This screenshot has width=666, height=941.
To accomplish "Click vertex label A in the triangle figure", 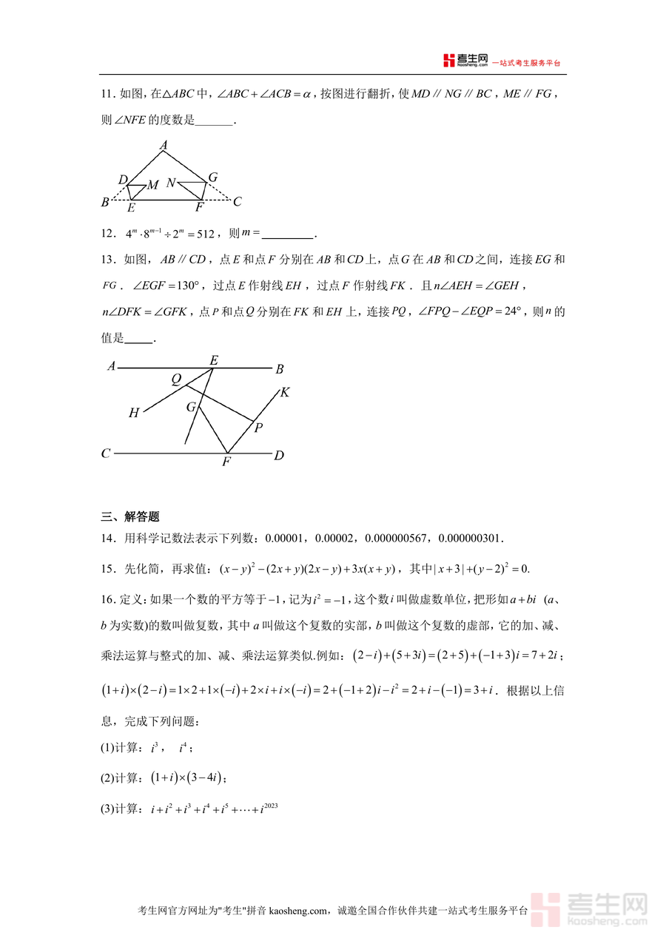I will point(164,146).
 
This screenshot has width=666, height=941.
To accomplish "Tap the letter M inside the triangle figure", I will point(152,185).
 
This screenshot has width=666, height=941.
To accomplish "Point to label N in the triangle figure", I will point(171,183).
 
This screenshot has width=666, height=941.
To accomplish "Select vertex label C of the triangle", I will point(237,201).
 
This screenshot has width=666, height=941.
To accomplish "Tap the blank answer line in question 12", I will point(288,235).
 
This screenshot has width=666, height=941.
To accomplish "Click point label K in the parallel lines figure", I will point(284,392).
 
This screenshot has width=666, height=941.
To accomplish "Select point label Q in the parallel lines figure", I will point(176,380).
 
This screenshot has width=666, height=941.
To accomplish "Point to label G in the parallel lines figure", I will point(191,407).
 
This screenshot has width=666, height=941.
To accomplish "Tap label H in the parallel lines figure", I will point(134,414).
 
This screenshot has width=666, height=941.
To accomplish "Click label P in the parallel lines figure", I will point(258,428).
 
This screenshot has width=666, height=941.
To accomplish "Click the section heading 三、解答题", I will point(130,516).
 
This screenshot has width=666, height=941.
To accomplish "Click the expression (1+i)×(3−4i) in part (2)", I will point(186,778).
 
